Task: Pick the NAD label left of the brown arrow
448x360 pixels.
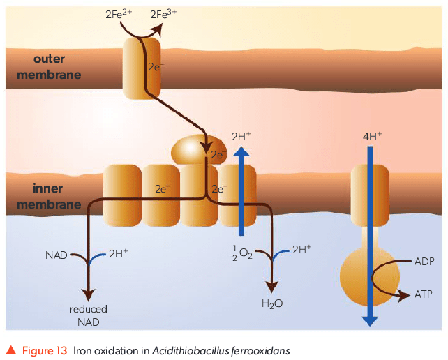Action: pyautogui.click(x=56, y=255)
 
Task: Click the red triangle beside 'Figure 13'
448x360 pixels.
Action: pyautogui.click(x=10, y=349)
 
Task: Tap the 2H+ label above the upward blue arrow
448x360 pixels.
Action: pyautogui.click(x=241, y=135)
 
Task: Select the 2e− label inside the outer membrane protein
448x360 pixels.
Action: pyautogui.click(x=156, y=68)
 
